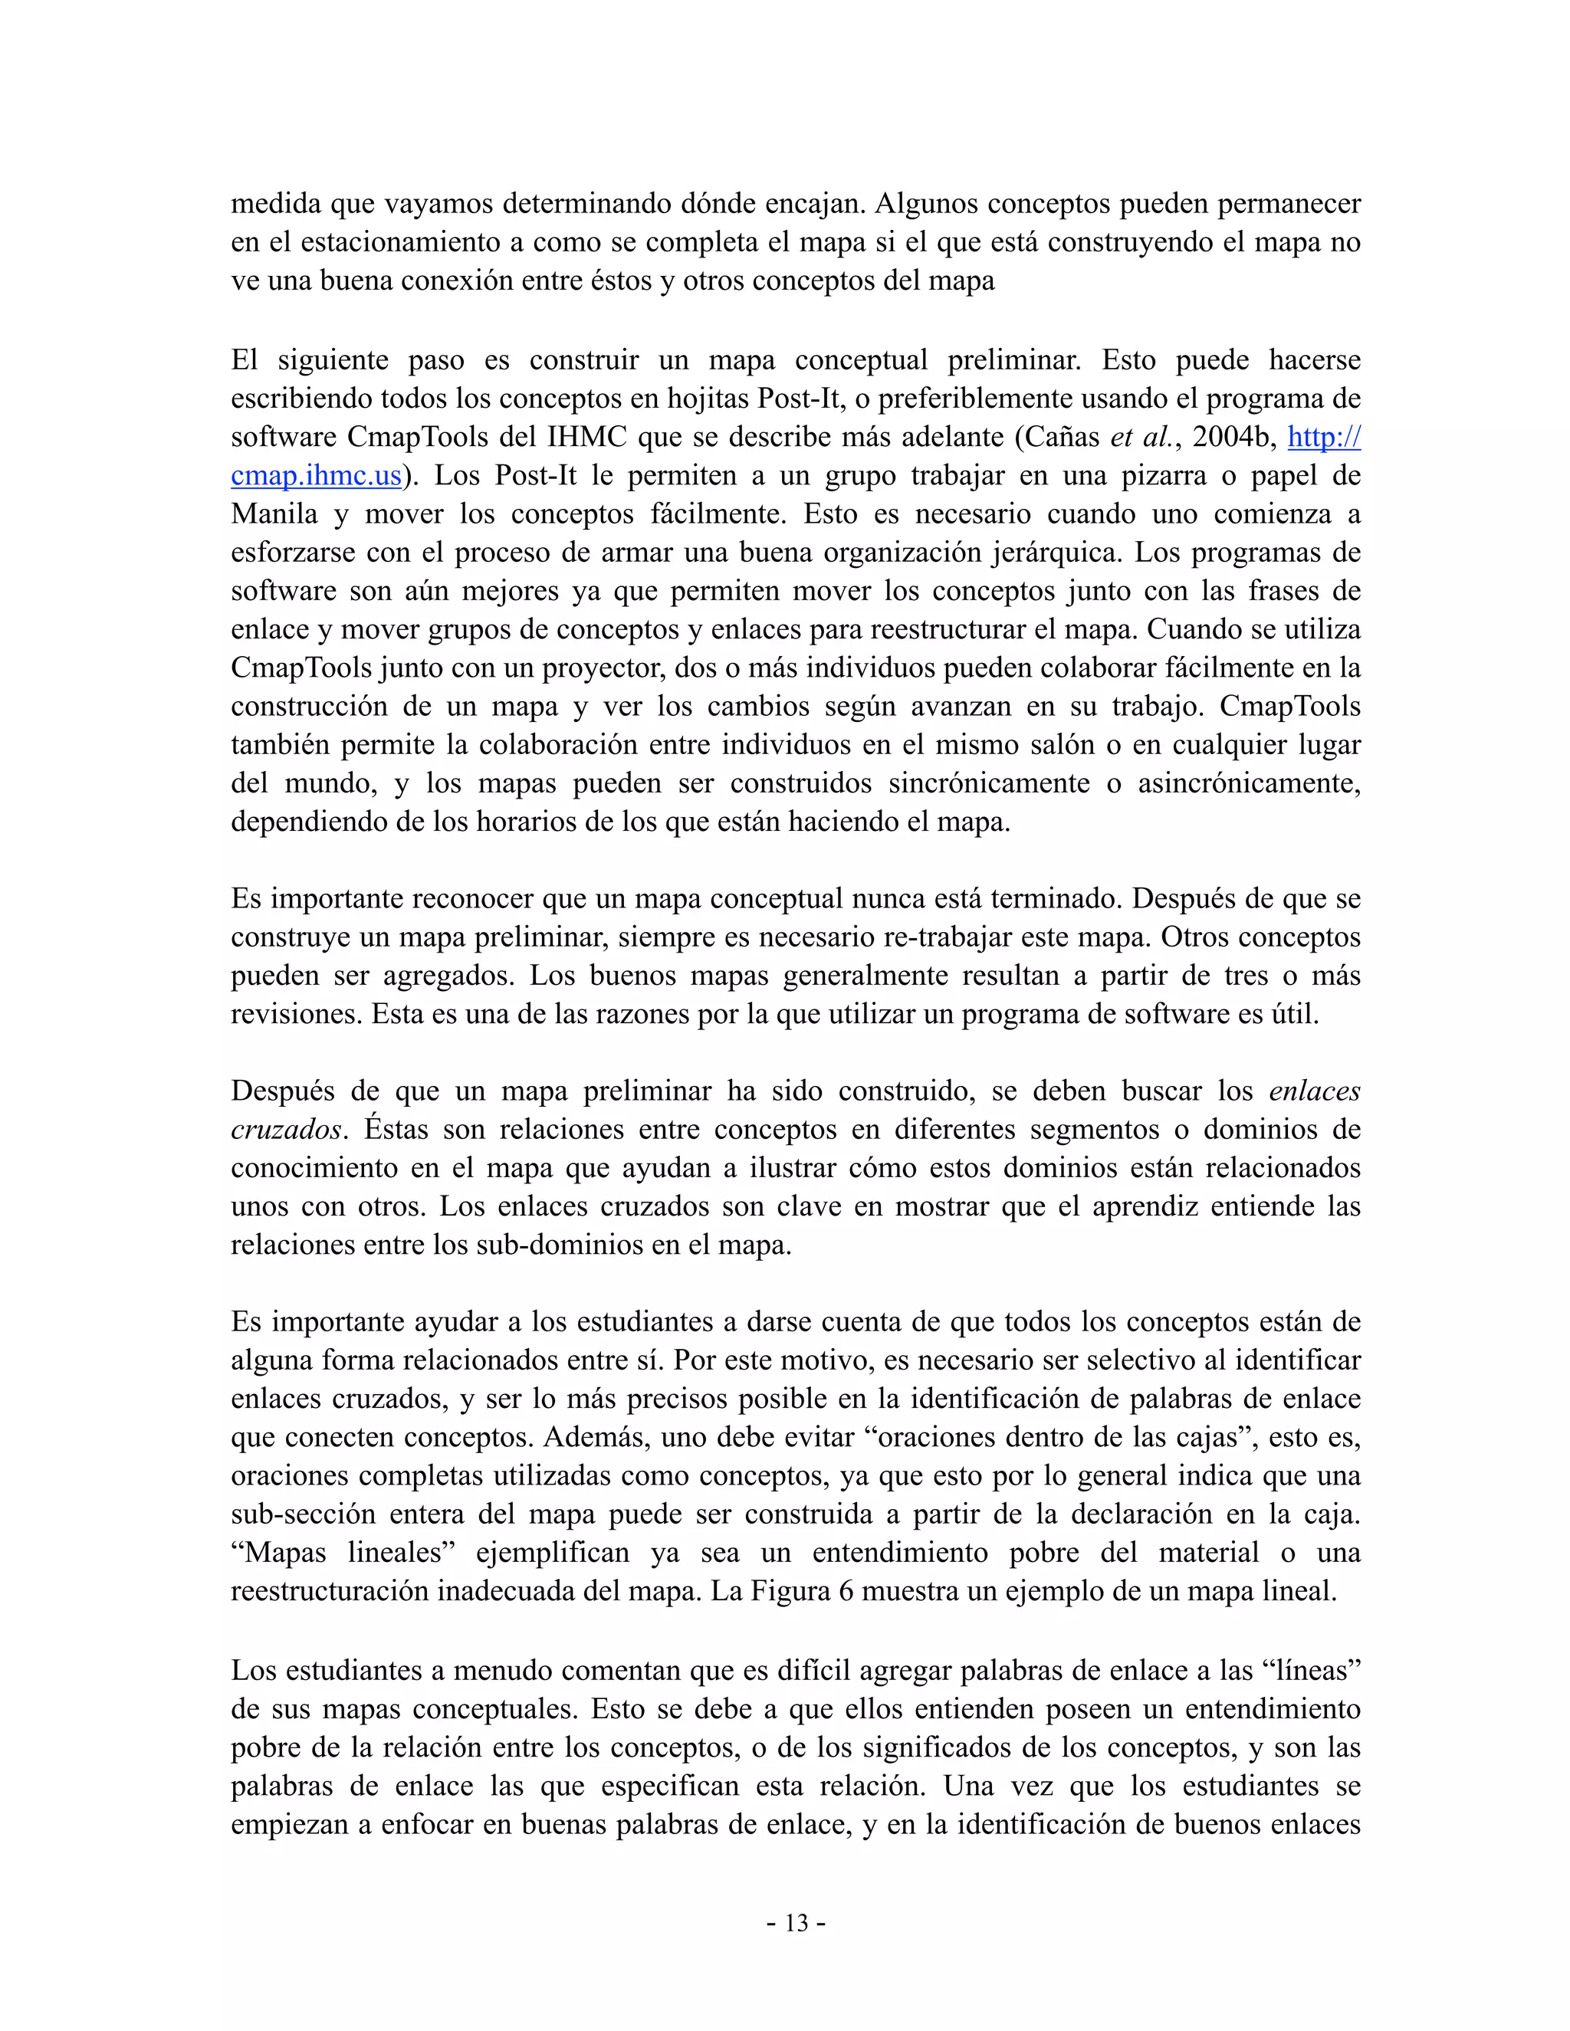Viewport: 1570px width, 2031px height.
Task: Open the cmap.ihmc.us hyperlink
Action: click(317, 475)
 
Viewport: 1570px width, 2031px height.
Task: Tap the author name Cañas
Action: click(1063, 436)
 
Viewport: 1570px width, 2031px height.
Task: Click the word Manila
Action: click(274, 513)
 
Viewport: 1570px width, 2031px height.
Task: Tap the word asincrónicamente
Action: click(1249, 783)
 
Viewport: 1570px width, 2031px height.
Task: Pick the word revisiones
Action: click(296, 1014)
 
